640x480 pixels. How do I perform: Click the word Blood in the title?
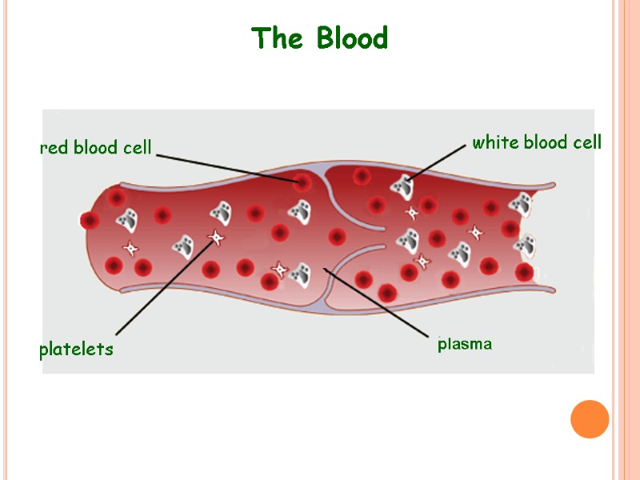352,38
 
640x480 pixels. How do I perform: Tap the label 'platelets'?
77,350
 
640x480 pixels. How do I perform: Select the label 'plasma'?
465,345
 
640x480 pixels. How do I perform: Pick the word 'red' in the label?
54,148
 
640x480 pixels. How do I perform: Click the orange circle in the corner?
590,418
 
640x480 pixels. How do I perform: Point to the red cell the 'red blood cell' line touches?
302,182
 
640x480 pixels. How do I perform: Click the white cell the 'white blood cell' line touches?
402,186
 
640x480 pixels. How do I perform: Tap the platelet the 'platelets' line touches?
216,237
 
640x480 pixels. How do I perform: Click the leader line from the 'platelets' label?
164,286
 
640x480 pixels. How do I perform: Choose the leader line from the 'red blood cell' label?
228,166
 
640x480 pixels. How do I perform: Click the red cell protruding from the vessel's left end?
90,220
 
